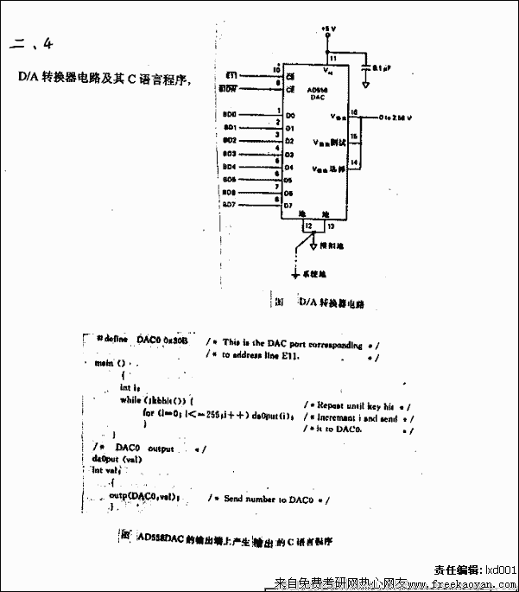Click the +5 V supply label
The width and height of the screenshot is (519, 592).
click(x=327, y=29)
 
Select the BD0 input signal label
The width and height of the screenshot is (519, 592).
click(x=229, y=114)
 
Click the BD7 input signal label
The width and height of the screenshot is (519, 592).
click(x=229, y=205)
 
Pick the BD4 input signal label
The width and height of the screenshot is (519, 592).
click(x=229, y=166)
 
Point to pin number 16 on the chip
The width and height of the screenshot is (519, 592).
click(x=354, y=111)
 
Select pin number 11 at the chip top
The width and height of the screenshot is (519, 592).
click(x=333, y=58)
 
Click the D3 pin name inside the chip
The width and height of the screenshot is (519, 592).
click(x=290, y=154)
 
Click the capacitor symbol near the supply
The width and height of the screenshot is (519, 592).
click(x=367, y=66)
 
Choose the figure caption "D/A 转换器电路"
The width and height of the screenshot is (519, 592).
click(x=331, y=303)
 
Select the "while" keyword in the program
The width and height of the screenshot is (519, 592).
click(x=130, y=400)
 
